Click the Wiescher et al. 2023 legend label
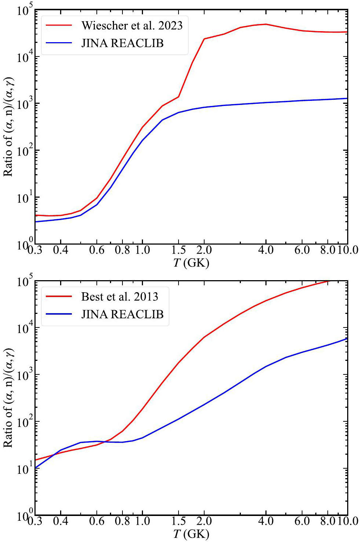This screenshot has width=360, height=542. [x=132, y=26]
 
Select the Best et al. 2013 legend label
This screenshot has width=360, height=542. [x=120, y=297]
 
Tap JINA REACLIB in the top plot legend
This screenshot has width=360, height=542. [x=122, y=43]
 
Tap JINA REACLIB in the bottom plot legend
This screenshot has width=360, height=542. [x=122, y=314]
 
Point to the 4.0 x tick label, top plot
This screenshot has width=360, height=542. [x=266, y=250]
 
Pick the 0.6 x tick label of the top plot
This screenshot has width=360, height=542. [x=97, y=250]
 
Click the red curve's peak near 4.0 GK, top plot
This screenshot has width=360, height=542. [x=266, y=24]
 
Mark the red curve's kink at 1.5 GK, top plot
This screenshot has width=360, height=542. [x=179, y=97]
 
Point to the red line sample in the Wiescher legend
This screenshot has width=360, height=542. [x=59, y=25]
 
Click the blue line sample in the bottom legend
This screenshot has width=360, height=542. [x=59, y=314]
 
